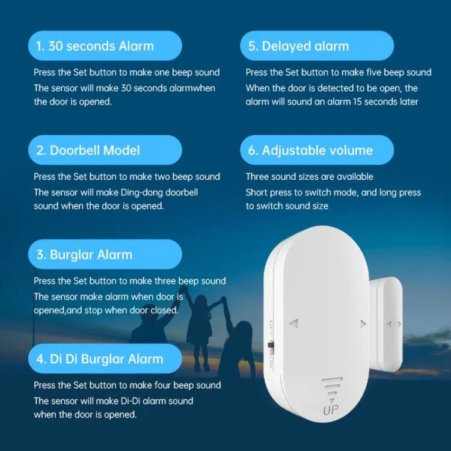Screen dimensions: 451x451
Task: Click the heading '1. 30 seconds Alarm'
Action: coord(96,46)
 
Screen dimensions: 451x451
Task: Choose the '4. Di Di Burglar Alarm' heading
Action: coord(100,359)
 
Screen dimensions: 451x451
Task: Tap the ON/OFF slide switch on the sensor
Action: coord(270,347)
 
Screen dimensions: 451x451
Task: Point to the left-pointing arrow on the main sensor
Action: coord(293,324)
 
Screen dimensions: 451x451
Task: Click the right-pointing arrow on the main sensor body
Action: coord(363,324)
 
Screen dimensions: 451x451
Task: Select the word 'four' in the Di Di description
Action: coord(159,385)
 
